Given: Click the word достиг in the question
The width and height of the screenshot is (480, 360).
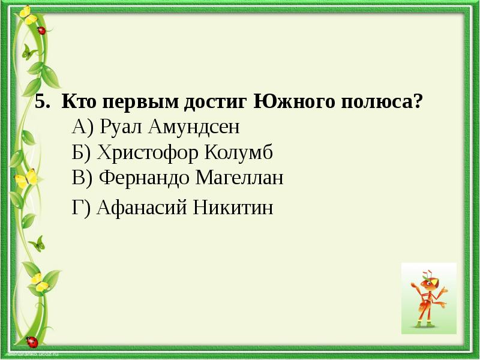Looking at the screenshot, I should tap(216, 101).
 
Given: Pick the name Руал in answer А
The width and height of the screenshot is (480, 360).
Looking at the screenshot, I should tap(119, 127).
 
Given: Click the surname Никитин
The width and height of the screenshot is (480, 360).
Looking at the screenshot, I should tap(233, 208).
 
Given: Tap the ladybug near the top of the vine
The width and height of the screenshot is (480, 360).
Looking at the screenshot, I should tap(41, 29).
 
